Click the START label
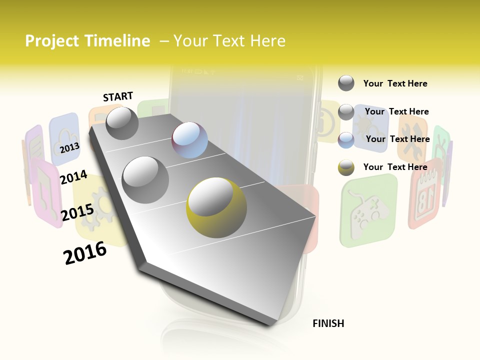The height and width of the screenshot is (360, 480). point(118,96)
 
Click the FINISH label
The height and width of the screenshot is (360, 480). point(328,323)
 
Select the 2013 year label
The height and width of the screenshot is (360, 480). point(69,148)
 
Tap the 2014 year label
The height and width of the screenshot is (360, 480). point(73,177)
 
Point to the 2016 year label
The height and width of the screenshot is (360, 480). point(85,253)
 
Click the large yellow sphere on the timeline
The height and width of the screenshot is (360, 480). point(216,207)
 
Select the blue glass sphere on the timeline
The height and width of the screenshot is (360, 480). point(189,140)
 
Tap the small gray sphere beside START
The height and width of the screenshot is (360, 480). point(122,123)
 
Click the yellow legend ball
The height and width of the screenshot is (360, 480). point(346,167)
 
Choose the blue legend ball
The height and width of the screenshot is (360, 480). point(346,140)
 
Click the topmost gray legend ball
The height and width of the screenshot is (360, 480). point(346,83)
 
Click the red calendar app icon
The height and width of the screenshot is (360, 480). point(425,193)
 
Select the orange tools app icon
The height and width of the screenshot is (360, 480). point(412,137)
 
